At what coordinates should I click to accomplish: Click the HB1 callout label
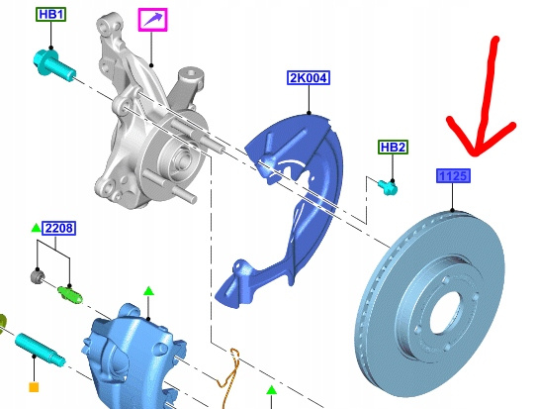[x=51, y=15]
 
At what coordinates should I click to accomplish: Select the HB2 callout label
[x=393, y=148]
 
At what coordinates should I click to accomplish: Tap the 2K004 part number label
[x=309, y=78]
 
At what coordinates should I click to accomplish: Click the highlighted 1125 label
[x=453, y=176]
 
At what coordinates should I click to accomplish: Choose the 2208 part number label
[x=58, y=229]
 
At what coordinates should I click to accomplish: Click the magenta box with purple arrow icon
[x=153, y=20]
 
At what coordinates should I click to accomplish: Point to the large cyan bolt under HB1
[x=54, y=66]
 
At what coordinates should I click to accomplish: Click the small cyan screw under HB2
[x=389, y=187]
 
